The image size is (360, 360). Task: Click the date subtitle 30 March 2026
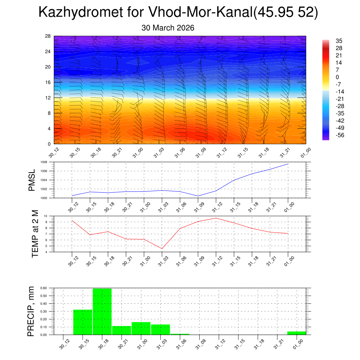coord(168,28)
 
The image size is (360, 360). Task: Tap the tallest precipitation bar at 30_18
coord(102,311)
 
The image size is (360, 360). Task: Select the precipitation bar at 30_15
coord(83,322)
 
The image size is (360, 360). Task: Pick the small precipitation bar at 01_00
coord(296,333)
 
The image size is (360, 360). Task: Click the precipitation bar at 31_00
coord(141,328)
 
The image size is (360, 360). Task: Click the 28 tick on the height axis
coord(47,36)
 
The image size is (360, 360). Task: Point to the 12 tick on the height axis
coord(47,98)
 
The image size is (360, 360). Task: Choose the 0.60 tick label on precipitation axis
coord(44,288)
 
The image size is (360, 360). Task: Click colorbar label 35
coord(339,41)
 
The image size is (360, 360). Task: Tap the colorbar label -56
coord(340,135)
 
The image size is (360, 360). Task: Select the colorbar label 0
coord(337,77)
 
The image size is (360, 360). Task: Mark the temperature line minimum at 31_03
coord(162,249)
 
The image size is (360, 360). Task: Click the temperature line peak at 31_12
coord(216,218)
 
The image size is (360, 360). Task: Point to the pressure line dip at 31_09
coord(198,196)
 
